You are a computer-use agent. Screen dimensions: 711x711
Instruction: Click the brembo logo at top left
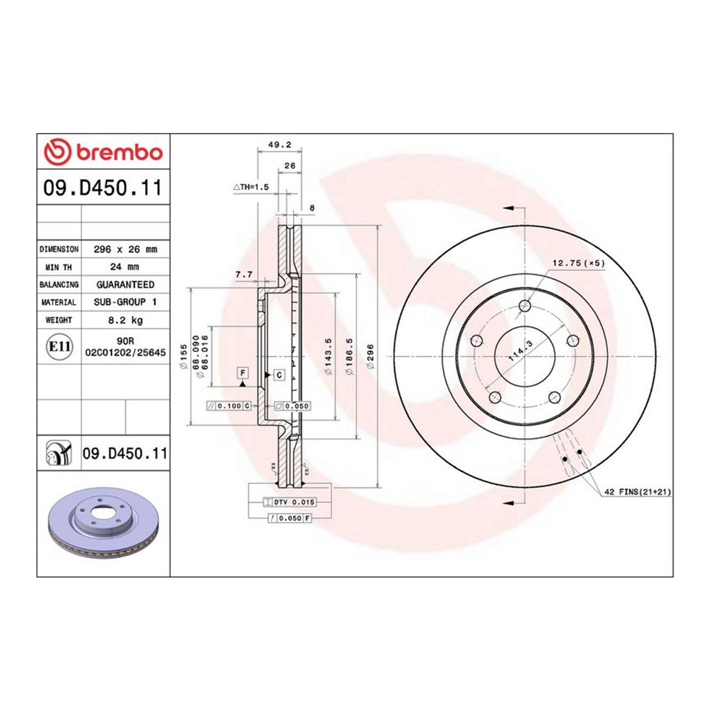(x=103, y=151)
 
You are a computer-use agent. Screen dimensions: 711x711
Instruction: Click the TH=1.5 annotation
(x=251, y=187)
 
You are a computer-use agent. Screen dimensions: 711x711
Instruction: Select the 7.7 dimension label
(x=244, y=274)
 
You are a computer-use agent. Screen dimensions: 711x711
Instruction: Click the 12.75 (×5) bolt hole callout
(x=578, y=263)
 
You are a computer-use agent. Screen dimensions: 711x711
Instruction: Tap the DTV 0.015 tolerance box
(x=292, y=502)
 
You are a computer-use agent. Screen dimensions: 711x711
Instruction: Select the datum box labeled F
(x=242, y=373)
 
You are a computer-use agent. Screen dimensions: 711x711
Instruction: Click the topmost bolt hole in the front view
(x=525, y=306)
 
